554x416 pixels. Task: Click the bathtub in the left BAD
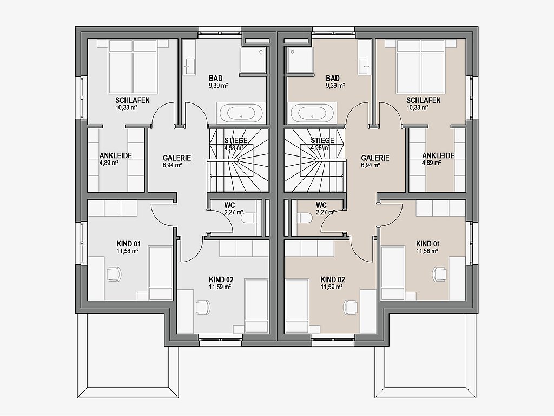point(241,113)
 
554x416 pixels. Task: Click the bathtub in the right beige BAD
point(311,113)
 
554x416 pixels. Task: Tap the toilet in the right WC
point(305,218)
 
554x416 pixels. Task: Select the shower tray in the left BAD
point(253,60)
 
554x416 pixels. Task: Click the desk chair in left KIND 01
point(114,274)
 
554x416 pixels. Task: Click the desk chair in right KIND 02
point(351,307)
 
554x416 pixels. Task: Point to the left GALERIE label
point(177,158)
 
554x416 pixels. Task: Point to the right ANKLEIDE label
point(438,155)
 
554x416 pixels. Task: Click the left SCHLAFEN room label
point(133,100)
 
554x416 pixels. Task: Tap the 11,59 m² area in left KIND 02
point(220,287)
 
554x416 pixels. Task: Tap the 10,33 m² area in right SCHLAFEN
point(418,107)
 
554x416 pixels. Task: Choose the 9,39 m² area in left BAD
point(219,85)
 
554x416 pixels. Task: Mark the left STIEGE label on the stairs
point(236,140)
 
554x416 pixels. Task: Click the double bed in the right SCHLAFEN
point(420,66)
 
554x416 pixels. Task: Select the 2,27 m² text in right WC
point(325,212)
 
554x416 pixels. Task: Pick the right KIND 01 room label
point(428,244)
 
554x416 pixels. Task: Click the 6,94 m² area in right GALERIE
point(370,165)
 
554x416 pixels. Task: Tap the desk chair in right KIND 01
point(440,274)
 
